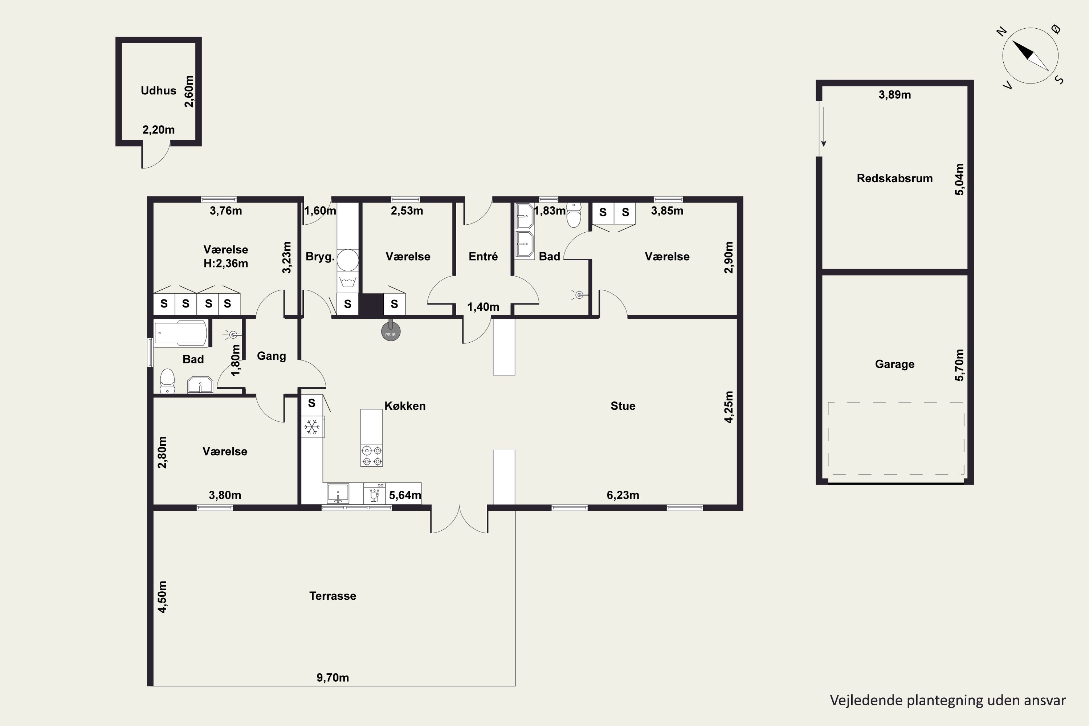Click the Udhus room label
click(x=158, y=90)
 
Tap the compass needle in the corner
click(x=1030, y=56)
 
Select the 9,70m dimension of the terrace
click(x=333, y=677)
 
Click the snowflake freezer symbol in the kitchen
click(x=311, y=427)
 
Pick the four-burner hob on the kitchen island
click(x=372, y=455)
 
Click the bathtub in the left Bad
click(x=180, y=333)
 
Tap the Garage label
click(x=894, y=364)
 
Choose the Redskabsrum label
click(x=894, y=178)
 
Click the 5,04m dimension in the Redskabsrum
click(x=959, y=179)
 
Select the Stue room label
click(x=623, y=406)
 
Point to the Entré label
click(x=483, y=257)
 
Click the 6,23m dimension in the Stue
click(x=623, y=495)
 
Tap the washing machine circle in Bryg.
click(x=347, y=260)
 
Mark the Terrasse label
click(x=333, y=596)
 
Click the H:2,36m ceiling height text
click(x=225, y=264)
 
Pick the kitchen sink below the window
click(x=338, y=494)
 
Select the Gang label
click(x=271, y=356)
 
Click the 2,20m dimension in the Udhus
click(x=158, y=130)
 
